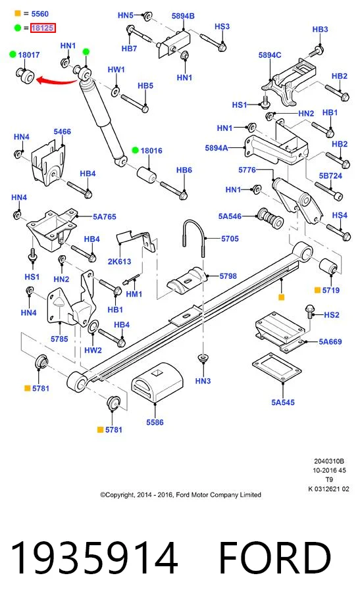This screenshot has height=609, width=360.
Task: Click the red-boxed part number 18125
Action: click(x=43, y=28)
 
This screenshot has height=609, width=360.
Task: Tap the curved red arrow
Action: click(x=57, y=81)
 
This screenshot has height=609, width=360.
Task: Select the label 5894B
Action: click(x=183, y=16)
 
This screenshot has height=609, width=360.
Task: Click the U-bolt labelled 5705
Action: click(x=193, y=237)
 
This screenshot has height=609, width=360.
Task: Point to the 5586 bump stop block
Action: click(x=157, y=383)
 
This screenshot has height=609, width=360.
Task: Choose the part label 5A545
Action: click(x=283, y=402)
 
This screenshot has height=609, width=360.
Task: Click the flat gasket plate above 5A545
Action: click(x=277, y=368)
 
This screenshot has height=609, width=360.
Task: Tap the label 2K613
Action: click(x=119, y=261)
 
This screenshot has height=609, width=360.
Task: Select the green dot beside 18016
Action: click(x=136, y=151)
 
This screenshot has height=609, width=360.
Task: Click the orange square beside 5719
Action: click(x=317, y=290)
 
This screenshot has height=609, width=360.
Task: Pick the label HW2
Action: click(x=93, y=351)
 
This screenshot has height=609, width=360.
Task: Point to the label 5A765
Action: click(x=104, y=217)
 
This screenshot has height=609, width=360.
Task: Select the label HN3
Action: click(x=203, y=381)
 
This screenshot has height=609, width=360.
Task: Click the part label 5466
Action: click(x=63, y=132)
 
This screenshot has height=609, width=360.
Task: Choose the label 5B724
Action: click(x=330, y=176)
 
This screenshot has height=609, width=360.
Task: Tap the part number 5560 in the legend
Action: click(x=40, y=14)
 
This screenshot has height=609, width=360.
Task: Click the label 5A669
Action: click(x=330, y=342)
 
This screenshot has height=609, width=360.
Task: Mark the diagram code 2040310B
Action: click(x=329, y=462)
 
